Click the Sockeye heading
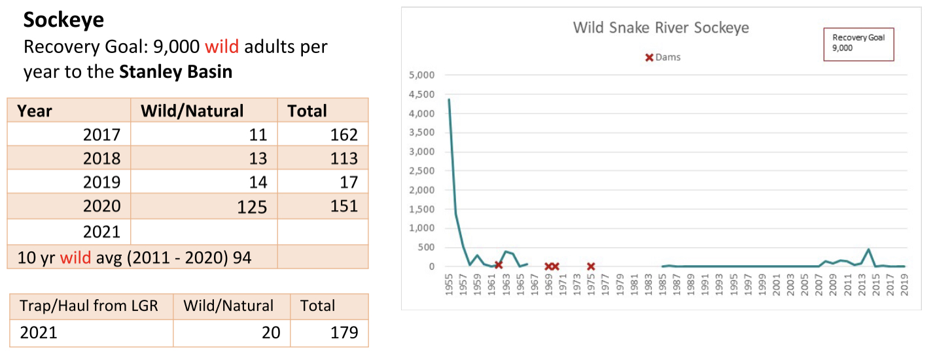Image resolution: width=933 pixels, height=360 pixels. (x=63, y=20)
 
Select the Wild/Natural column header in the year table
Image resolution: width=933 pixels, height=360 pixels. (x=192, y=111)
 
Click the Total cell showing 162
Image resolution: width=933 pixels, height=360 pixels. (x=344, y=135)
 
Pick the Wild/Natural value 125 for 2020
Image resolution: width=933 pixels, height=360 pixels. (x=252, y=207)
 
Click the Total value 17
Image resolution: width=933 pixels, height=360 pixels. (x=349, y=183)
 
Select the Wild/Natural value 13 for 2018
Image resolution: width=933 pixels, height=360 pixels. (x=258, y=159)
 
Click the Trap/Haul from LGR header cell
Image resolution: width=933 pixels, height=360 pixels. (x=89, y=306)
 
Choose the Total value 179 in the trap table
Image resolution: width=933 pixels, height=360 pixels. (x=344, y=333)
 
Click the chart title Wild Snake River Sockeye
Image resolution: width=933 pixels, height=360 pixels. (x=661, y=27)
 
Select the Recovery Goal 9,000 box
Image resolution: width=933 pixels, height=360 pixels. (x=858, y=44)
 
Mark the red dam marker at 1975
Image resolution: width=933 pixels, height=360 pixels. (x=591, y=266)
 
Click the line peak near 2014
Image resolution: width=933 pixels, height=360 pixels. (x=868, y=249)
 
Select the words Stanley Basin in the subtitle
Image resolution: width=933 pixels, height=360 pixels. (x=175, y=71)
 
